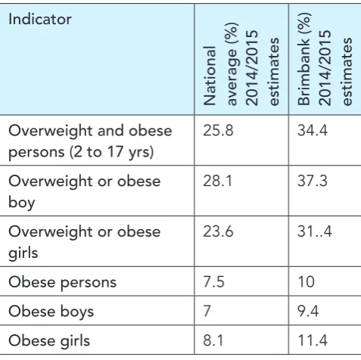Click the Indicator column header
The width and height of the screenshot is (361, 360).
(40, 19)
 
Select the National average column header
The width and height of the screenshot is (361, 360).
(241, 64)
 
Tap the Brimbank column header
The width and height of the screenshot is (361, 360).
(325, 59)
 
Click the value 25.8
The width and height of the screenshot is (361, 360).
(218, 131)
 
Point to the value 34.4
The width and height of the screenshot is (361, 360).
(313, 131)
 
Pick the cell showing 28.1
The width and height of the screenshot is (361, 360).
(217, 181)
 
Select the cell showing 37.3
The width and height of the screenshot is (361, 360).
(313, 181)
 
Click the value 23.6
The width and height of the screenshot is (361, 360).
(218, 231)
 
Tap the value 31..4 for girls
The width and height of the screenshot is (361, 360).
(314, 231)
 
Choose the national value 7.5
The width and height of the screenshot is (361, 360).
(213, 282)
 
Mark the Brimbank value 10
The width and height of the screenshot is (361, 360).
(306, 282)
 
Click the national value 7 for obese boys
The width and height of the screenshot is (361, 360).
(207, 311)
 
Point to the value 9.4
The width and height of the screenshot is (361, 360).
(308, 311)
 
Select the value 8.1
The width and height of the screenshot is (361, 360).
(213, 340)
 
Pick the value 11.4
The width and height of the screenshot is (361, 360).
(313, 340)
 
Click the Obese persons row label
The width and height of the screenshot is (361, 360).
(63, 282)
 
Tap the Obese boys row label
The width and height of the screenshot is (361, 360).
(51, 312)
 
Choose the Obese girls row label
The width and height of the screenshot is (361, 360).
(49, 341)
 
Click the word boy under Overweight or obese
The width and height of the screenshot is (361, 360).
(22, 203)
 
